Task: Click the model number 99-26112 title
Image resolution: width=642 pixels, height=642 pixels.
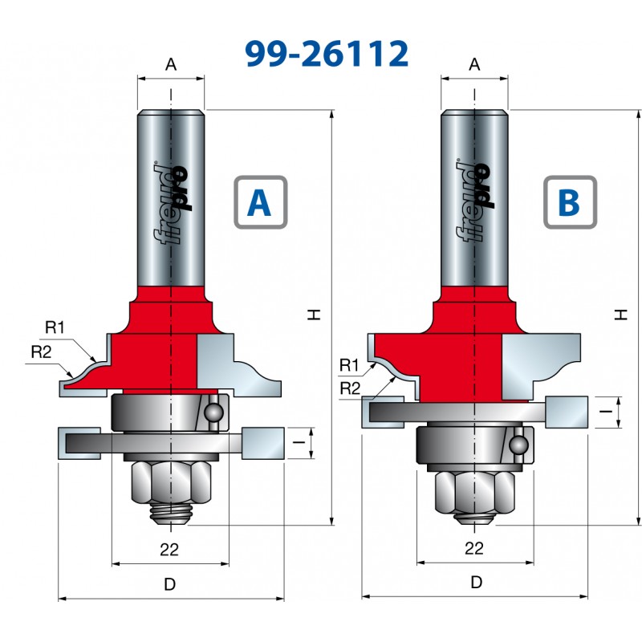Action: pos(327,53)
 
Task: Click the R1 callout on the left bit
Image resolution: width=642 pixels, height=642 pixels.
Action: pos(55,327)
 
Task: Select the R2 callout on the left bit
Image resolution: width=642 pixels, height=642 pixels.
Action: pos(41,350)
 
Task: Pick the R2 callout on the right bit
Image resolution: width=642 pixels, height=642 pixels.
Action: pos(349,388)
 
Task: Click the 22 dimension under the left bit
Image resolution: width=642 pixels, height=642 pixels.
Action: pos(169,549)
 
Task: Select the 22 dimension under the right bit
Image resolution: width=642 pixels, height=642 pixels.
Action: pos(474,549)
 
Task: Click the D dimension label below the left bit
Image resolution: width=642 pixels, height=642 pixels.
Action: pos(169,585)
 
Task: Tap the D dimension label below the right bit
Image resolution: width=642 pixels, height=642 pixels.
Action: pos(476,583)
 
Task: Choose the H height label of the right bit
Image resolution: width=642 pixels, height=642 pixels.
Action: pos(620,316)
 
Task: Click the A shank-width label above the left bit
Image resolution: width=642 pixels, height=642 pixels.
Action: pos(170,65)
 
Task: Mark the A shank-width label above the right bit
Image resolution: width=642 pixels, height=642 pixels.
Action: pos(474,65)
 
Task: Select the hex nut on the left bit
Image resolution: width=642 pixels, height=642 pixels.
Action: pos(169,482)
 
